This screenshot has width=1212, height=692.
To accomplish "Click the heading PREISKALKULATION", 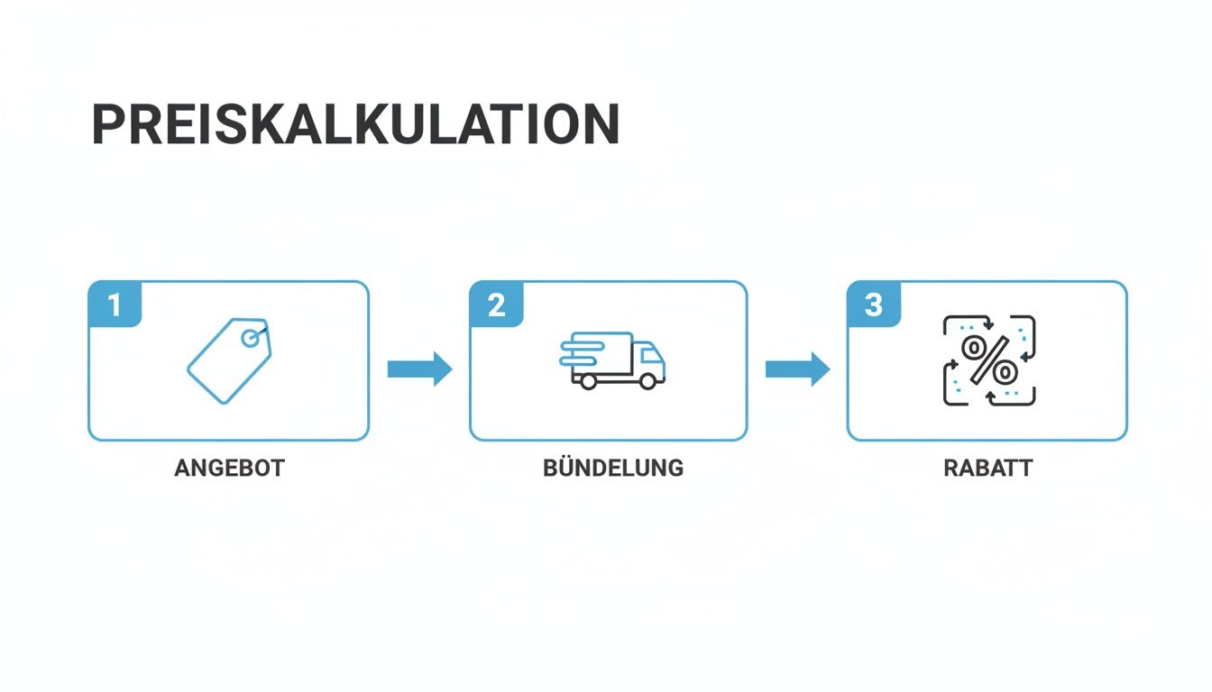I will [x=355, y=124].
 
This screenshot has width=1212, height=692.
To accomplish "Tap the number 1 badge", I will [x=115, y=305].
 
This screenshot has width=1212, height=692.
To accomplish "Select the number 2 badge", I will [x=496, y=305].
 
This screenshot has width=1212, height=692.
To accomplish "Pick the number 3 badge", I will [x=873, y=305].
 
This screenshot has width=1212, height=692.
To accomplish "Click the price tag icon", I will [x=229, y=360].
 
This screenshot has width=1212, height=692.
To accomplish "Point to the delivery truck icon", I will [x=613, y=360].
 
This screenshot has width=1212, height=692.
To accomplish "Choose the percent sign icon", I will [x=989, y=360].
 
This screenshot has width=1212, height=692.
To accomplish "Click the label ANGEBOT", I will [x=229, y=469].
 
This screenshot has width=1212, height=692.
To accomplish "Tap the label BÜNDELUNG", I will [x=613, y=469].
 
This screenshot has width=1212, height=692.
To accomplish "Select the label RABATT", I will [x=988, y=469].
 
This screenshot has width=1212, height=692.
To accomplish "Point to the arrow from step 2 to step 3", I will [x=797, y=369].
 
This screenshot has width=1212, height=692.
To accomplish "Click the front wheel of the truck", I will [x=647, y=381].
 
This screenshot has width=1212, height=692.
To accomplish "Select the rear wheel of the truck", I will [x=588, y=381].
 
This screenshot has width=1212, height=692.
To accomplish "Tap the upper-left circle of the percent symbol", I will [x=974, y=347].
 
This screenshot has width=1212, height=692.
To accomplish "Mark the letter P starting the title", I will [x=107, y=124].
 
